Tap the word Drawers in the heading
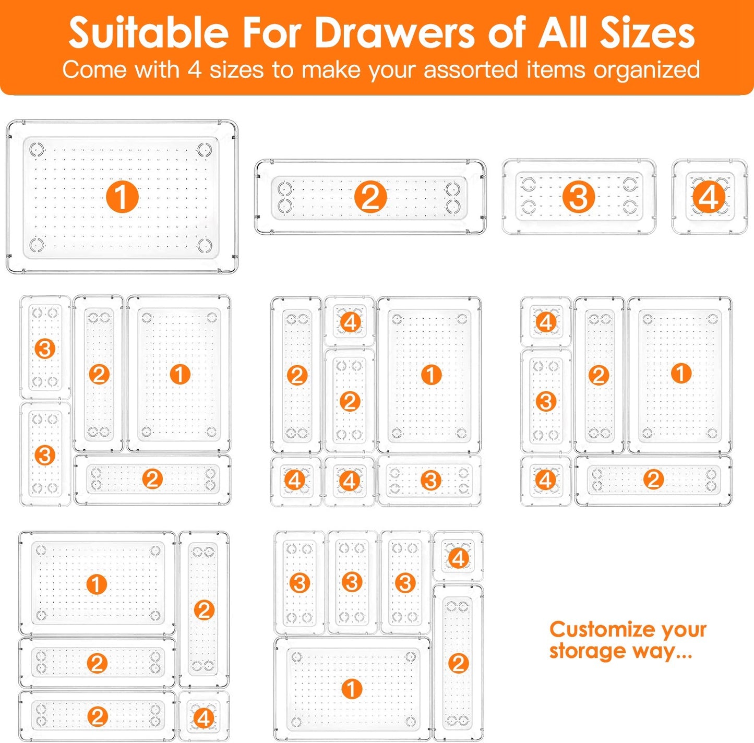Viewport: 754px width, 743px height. [x=394, y=32]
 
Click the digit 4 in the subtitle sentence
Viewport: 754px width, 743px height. [x=194, y=70]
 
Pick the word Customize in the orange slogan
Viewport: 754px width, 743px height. [x=602, y=629]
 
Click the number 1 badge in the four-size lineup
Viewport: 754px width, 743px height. [x=122, y=197]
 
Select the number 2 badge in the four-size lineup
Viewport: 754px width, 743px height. [x=370, y=197]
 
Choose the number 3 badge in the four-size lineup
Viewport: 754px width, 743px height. [x=578, y=197]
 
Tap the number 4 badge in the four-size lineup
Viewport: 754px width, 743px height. [x=709, y=198]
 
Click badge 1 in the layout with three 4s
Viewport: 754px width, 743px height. [x=431, y=374]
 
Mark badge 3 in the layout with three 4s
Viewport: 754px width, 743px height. [x=430, y=480]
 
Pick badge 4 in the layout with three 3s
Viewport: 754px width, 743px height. [x=458, y=559]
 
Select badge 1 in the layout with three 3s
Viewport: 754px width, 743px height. [x=352, y=689]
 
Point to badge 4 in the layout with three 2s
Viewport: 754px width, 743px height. [x=204, y=718]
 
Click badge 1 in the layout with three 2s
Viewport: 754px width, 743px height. [x=97, y=584]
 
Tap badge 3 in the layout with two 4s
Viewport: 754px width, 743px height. [x=546, y=401]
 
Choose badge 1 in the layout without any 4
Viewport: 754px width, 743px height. [x=179, y=374]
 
